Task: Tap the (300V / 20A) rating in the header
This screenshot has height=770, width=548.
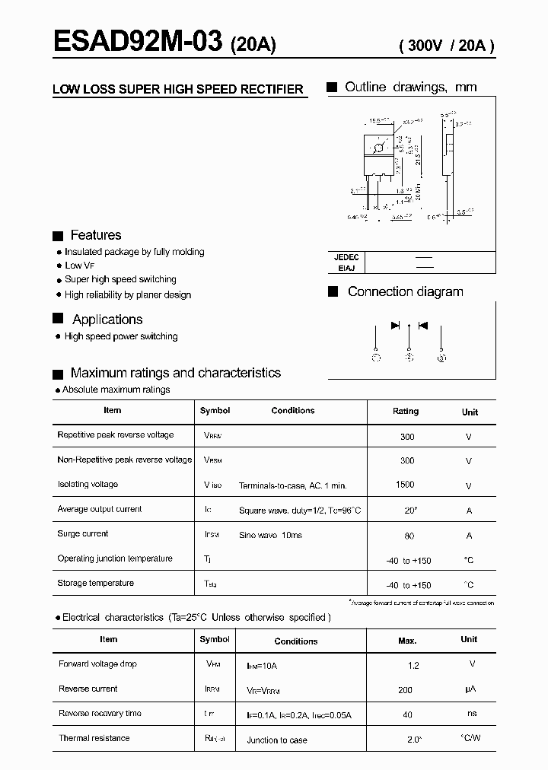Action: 447,46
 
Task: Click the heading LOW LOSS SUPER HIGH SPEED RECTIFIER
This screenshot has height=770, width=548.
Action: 178,90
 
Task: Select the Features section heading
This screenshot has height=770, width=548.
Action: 95,235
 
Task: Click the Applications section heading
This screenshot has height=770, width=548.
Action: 107,320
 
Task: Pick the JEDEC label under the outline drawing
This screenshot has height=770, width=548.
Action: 346,258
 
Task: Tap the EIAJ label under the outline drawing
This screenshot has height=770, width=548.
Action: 343,268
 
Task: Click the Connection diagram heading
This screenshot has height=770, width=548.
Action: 405,291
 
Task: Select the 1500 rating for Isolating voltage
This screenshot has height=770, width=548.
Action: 405,485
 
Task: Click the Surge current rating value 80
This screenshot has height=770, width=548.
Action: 409,536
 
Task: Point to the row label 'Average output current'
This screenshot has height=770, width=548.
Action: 100,509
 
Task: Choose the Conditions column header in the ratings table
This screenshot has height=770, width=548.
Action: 293,411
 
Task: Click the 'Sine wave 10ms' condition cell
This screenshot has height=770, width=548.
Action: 270,535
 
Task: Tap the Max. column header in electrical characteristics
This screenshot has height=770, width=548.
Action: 407,641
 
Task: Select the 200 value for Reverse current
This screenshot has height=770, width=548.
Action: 405,690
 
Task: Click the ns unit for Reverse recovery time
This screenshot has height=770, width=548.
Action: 472,714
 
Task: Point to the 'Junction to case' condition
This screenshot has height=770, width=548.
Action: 277,740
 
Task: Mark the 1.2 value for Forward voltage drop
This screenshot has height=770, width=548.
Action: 413,666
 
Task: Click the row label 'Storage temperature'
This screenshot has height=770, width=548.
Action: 96,583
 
